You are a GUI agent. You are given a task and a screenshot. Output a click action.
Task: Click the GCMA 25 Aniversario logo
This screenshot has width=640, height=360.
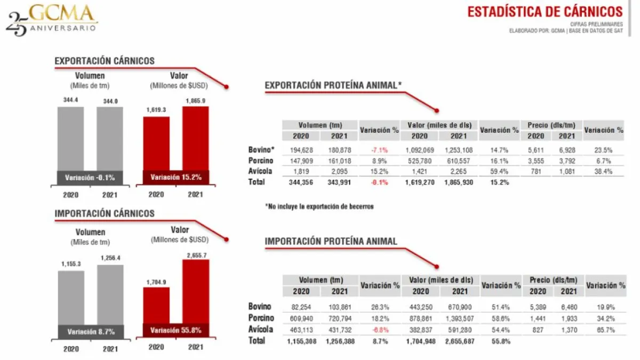point(52,20)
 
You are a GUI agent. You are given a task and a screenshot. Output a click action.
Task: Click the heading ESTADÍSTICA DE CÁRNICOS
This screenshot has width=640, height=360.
point(545,12)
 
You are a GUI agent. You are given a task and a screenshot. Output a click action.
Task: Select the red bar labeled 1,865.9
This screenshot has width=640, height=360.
point(196,139)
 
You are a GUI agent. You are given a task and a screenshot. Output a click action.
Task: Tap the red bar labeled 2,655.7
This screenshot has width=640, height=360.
point(196,293)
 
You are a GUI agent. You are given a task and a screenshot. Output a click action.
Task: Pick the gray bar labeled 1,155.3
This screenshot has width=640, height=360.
point(71,296)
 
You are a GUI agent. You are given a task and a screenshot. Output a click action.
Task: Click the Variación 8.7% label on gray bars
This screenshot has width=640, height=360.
point(91,332)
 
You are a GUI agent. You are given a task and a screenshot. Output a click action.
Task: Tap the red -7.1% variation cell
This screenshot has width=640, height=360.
point(379,150)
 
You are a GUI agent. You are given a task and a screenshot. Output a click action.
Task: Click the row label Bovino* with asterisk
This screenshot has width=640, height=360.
point(261,150)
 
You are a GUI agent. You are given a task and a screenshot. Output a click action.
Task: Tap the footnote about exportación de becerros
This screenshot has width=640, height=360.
point(319,206)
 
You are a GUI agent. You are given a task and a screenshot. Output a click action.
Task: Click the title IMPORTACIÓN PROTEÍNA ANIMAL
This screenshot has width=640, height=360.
point(331,242)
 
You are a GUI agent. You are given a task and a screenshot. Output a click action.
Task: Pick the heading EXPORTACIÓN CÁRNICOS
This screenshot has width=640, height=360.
point(105,61)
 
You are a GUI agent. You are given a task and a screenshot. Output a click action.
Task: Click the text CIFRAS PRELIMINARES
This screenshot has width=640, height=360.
point(596,24)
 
